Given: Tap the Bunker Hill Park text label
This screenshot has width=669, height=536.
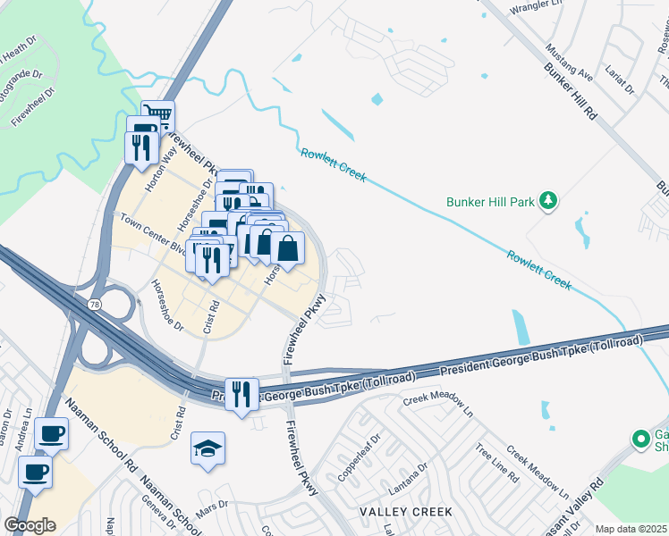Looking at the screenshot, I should (491, 202).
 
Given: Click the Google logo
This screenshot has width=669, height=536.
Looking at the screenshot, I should (30, 525).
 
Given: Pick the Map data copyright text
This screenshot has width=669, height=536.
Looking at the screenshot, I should (631, 529).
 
